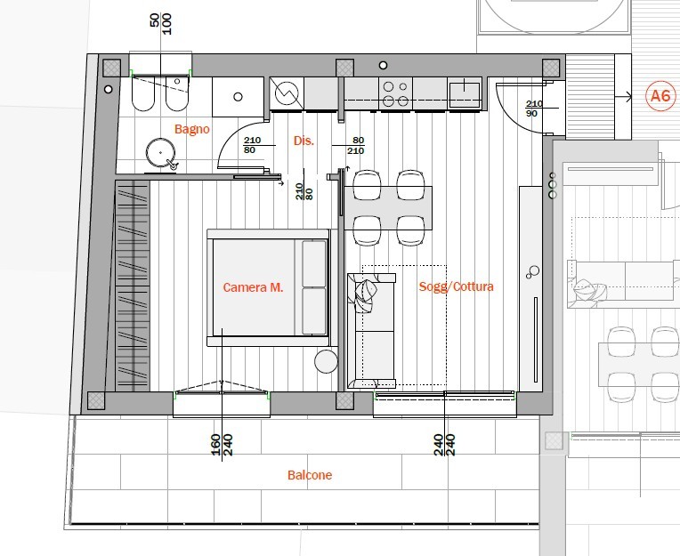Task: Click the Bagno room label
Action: point(191,129)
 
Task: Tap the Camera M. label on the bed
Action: point(253,287)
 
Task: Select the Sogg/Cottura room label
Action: point(456,286)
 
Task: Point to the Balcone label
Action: point(310,475)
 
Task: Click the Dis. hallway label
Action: point(304,141)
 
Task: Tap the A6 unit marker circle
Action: point(660,96)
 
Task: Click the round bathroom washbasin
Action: point(161,153)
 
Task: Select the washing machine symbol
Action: point(287,93)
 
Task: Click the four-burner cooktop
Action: point(395,93)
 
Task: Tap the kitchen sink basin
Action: point(465,93)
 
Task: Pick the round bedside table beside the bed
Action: point(326,361)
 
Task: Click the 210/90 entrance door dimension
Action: point(534,109)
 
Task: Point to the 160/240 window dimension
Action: point(222,445)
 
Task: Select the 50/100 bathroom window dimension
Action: point(161,24)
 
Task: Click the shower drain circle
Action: point(238,97)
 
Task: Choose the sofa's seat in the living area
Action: point(374,330)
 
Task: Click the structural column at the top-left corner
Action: point(111,68)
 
